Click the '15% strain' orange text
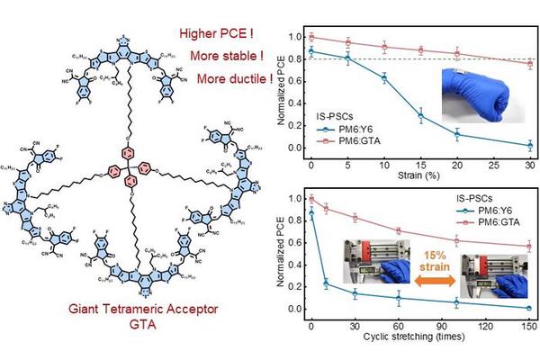coord(419,262)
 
